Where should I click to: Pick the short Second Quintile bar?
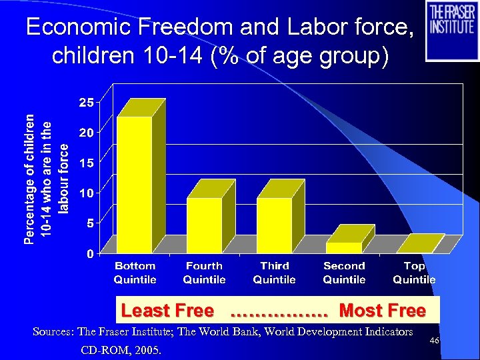coord(344,247)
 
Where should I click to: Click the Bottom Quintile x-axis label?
coord(135,273)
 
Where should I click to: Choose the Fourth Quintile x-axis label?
coord(204,273)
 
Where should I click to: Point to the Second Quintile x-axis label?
coord(344,273)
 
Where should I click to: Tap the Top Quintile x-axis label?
coord(414,273)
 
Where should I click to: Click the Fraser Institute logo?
coord(452,30)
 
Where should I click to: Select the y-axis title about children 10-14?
coord(47,178)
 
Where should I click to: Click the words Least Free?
coord(167,311)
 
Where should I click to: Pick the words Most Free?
coord(382,311)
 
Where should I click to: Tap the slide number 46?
coord(434,341)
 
